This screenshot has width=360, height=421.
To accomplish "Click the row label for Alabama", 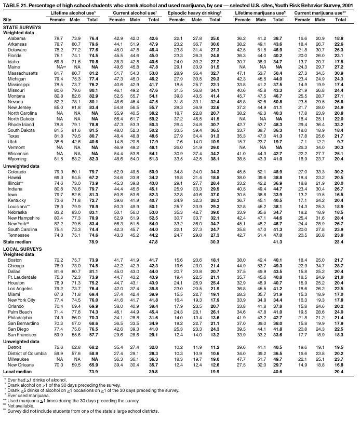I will [17, 39].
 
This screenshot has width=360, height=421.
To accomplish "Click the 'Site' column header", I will [7, 19].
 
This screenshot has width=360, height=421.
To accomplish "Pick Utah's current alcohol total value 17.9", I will [153, 113].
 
